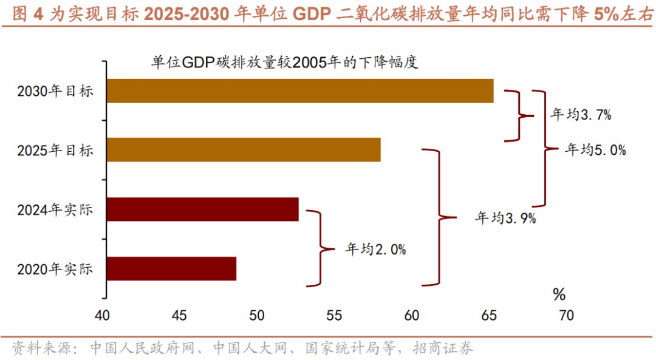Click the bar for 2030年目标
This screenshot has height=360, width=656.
point(300,91)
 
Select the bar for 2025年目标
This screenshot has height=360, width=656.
point(244,150)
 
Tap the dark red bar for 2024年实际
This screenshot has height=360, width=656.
point(203,209)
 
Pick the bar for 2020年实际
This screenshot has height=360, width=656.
point(172,268)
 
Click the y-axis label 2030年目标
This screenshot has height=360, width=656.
point(55,92)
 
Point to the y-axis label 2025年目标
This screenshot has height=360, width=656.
point(55,151)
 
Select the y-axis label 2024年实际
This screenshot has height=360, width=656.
point(55,210)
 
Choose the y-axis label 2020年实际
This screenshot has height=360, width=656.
point(55,269)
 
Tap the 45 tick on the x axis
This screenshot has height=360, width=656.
point(179,316)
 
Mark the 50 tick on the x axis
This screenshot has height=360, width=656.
point(256,316)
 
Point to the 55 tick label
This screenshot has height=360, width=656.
point(334,316)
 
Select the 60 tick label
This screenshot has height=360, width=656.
point(411,316)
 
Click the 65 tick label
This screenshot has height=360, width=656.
point(488,316)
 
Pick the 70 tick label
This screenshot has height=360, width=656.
point(565,316)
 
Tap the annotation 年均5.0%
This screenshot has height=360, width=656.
point(595,150)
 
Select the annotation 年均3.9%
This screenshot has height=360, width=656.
point(505,218)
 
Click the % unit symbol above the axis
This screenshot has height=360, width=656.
point(559,295)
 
